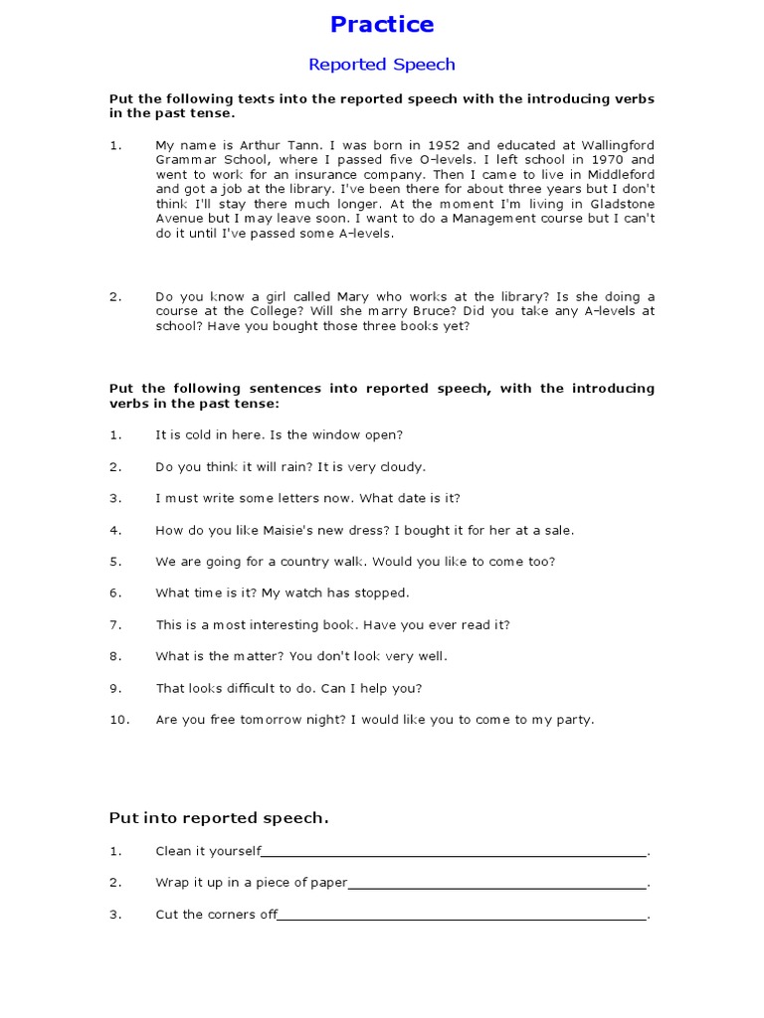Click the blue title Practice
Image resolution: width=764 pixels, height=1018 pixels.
pos(381,24)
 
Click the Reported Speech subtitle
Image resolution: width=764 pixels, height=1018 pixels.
pos(381,65)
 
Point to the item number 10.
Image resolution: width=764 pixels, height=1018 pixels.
pos(119,720)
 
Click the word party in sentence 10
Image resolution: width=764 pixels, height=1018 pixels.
pos(575,720)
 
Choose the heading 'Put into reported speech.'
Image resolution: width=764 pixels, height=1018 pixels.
pos(218,818)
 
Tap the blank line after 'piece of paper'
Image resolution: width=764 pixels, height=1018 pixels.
pos(497,884)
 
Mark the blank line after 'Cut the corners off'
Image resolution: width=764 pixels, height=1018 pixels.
pos(463,916)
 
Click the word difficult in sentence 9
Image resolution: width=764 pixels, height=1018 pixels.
pos(258,688)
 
